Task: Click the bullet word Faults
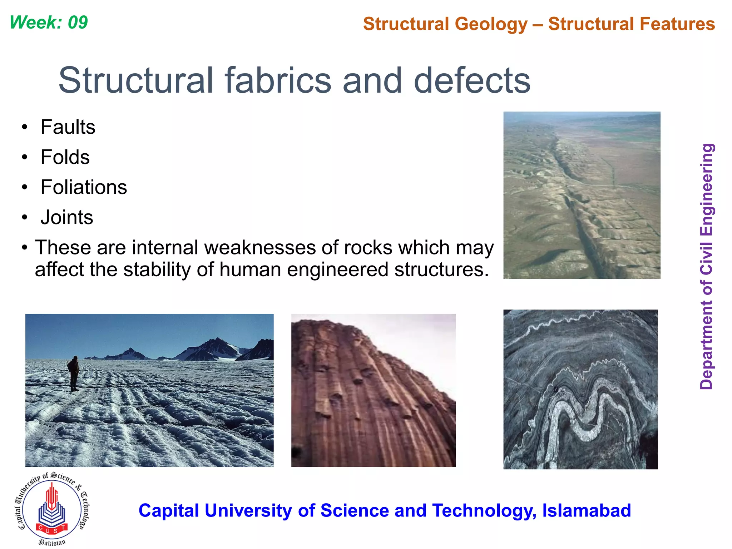coord(68,127)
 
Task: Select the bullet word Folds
coord(65,157)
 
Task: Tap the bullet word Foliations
coord(84,187)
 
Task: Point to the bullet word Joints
coord(67,217)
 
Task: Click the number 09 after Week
coord(78,23)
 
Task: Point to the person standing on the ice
coord(74,373)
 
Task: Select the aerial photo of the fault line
coord(582,195)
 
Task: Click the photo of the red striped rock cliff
coord(373,390)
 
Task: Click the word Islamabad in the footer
coord(586,510)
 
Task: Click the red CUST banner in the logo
coord(52,528)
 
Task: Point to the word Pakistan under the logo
coord(52,542)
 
